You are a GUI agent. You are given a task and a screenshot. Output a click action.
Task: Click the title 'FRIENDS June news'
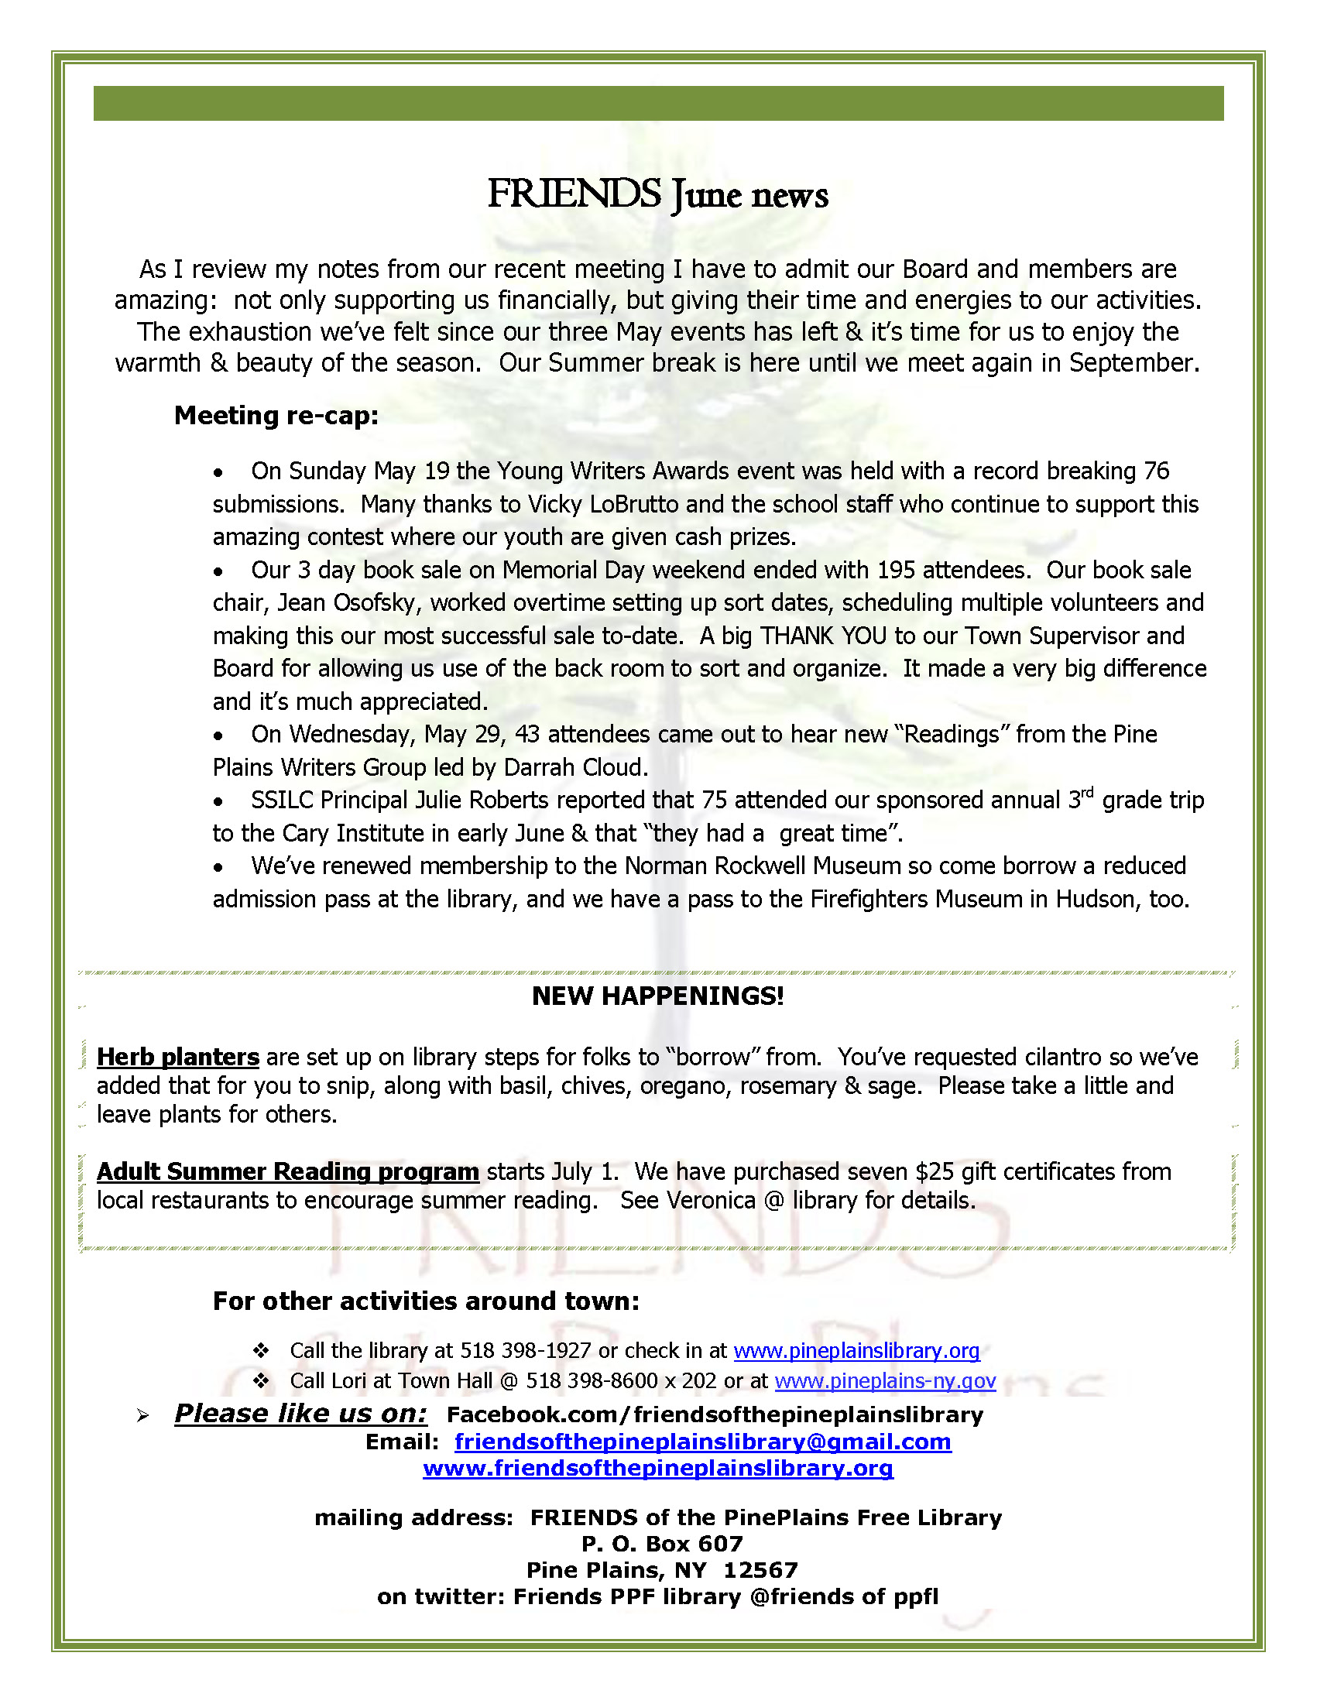click(x=657, y=194)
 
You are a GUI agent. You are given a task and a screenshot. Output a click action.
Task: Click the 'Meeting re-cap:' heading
click(x=276, y=415)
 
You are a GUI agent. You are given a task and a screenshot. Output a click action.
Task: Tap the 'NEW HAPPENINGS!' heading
click(x=657, y=996)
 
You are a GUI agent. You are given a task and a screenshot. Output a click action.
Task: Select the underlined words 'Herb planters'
click(x=178, y=1057)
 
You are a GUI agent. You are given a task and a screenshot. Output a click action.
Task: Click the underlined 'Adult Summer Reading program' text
click(x=288, y=1171)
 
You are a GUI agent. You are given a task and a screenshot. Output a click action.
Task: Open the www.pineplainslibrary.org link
click(x=856, y=1350)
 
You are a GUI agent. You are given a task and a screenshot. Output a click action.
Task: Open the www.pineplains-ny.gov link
click(x=885, y=1381)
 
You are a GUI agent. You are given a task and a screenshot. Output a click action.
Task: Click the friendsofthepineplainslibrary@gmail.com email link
click(x=703, y=1442)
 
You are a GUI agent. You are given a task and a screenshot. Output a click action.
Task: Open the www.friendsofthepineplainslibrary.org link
click(x=657, y=1469)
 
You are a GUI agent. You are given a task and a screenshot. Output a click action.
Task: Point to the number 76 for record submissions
click(x=1156, y=471)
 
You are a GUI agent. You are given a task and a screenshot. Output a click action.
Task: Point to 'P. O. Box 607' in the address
click(x=662, y=1543)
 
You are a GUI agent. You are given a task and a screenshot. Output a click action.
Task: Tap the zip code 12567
click(x=760, y=1570)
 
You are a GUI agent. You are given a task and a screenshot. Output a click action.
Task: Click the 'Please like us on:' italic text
click(x=300, y=1414)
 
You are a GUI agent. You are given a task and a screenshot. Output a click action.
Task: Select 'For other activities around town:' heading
click(x=426, y=1301)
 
